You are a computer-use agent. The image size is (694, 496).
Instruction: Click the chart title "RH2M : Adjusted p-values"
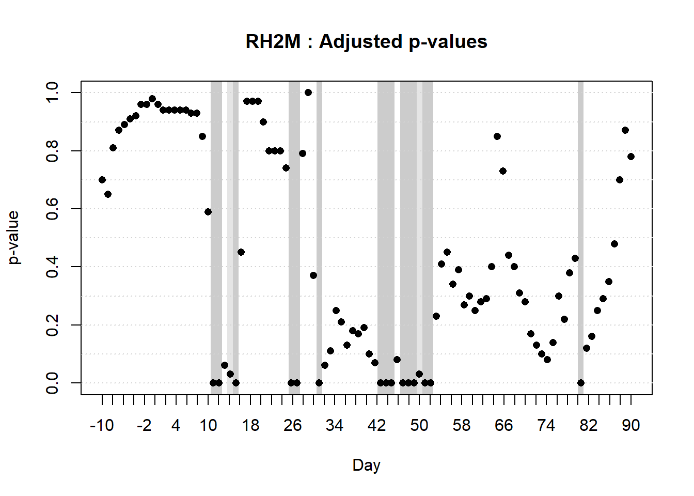click(x=366, y=41)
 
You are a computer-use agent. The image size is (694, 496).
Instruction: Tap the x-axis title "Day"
click(x=366, y=465)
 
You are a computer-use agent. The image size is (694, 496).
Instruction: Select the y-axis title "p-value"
click(x=14, y=238)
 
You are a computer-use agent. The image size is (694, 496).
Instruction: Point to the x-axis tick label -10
click(x=102, y=426)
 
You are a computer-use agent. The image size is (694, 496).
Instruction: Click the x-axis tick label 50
click(x=419, y=426)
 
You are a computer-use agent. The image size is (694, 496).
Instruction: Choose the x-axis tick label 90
click(x=630, y=426)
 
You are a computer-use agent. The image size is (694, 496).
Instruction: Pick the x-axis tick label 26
click(x=292, y=426)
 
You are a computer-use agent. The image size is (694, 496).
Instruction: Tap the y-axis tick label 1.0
click(x=52, y=92)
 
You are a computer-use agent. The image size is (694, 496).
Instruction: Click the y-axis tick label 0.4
click(x=52, y=267)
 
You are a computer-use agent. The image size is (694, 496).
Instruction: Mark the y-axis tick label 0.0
click(x=52, y=383)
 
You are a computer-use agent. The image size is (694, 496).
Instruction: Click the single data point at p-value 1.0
click(x=308, y=92)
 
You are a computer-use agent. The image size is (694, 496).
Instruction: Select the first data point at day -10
click(x=102, y=180)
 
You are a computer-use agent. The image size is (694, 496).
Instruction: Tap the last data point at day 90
click(x=631, y=157)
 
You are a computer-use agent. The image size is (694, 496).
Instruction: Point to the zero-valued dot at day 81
click(x=581, y=383)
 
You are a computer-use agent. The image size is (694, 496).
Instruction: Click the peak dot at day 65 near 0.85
click(x=497, y=136)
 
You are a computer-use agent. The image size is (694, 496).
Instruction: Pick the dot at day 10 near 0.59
click(x=208, y=212)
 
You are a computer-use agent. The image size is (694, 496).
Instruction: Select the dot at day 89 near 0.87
click(x=625, y=130)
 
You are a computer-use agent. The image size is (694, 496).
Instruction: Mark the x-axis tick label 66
click(x=503, y=426)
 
